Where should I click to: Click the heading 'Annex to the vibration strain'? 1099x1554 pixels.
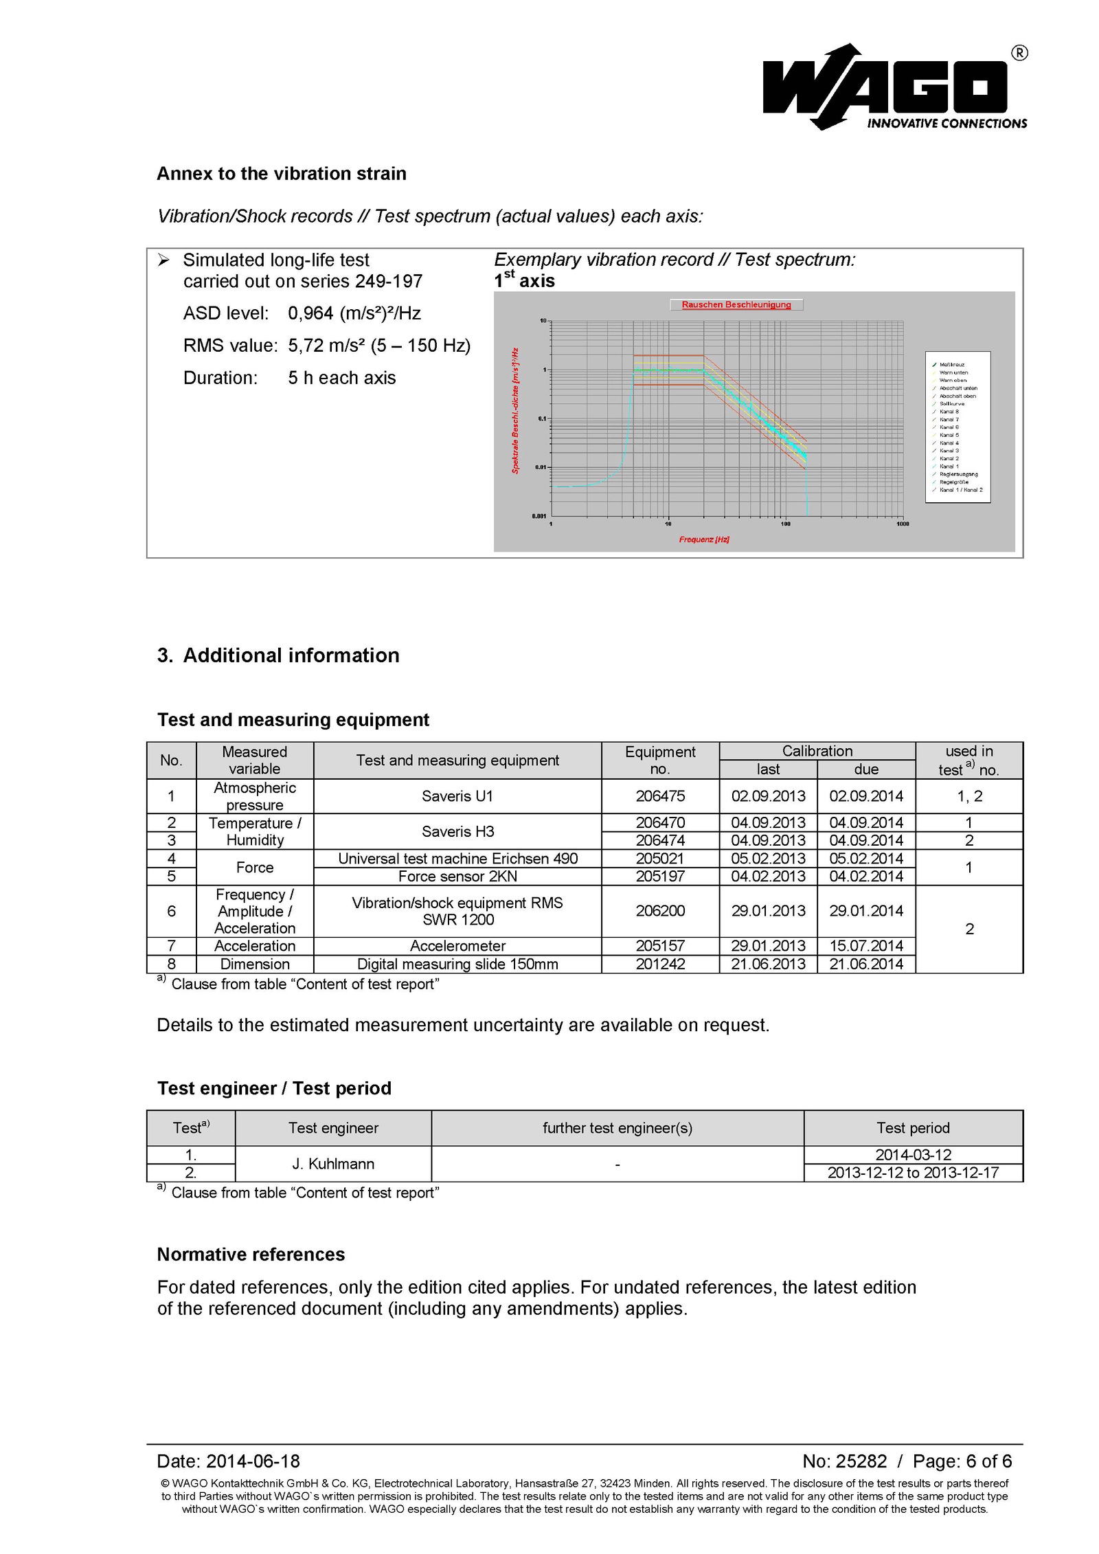pos(281,173)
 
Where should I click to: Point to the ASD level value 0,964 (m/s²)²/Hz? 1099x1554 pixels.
pos(354,313)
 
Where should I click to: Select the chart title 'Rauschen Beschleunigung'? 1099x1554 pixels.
pos(736,304)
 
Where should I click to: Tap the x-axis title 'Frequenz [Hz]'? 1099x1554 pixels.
pos(704,539)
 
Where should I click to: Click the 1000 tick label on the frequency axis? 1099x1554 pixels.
pos(903,523)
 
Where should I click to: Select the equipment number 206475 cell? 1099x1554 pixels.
pos(659,796)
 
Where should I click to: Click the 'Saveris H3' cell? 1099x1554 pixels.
pos(457,831)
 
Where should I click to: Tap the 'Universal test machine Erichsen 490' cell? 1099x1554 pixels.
pos(457,858)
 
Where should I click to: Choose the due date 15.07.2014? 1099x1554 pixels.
pos(865,945)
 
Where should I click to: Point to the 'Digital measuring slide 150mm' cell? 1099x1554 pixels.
pos(457,964)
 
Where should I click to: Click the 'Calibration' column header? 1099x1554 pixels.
pos(817,751)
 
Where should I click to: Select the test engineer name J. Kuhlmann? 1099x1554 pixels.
pos(333,1164)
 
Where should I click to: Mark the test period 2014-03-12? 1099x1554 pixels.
pos(913,1155)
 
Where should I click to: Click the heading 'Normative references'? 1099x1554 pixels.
pos(251,1254)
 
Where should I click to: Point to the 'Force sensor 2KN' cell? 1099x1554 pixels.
pos(457,876)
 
